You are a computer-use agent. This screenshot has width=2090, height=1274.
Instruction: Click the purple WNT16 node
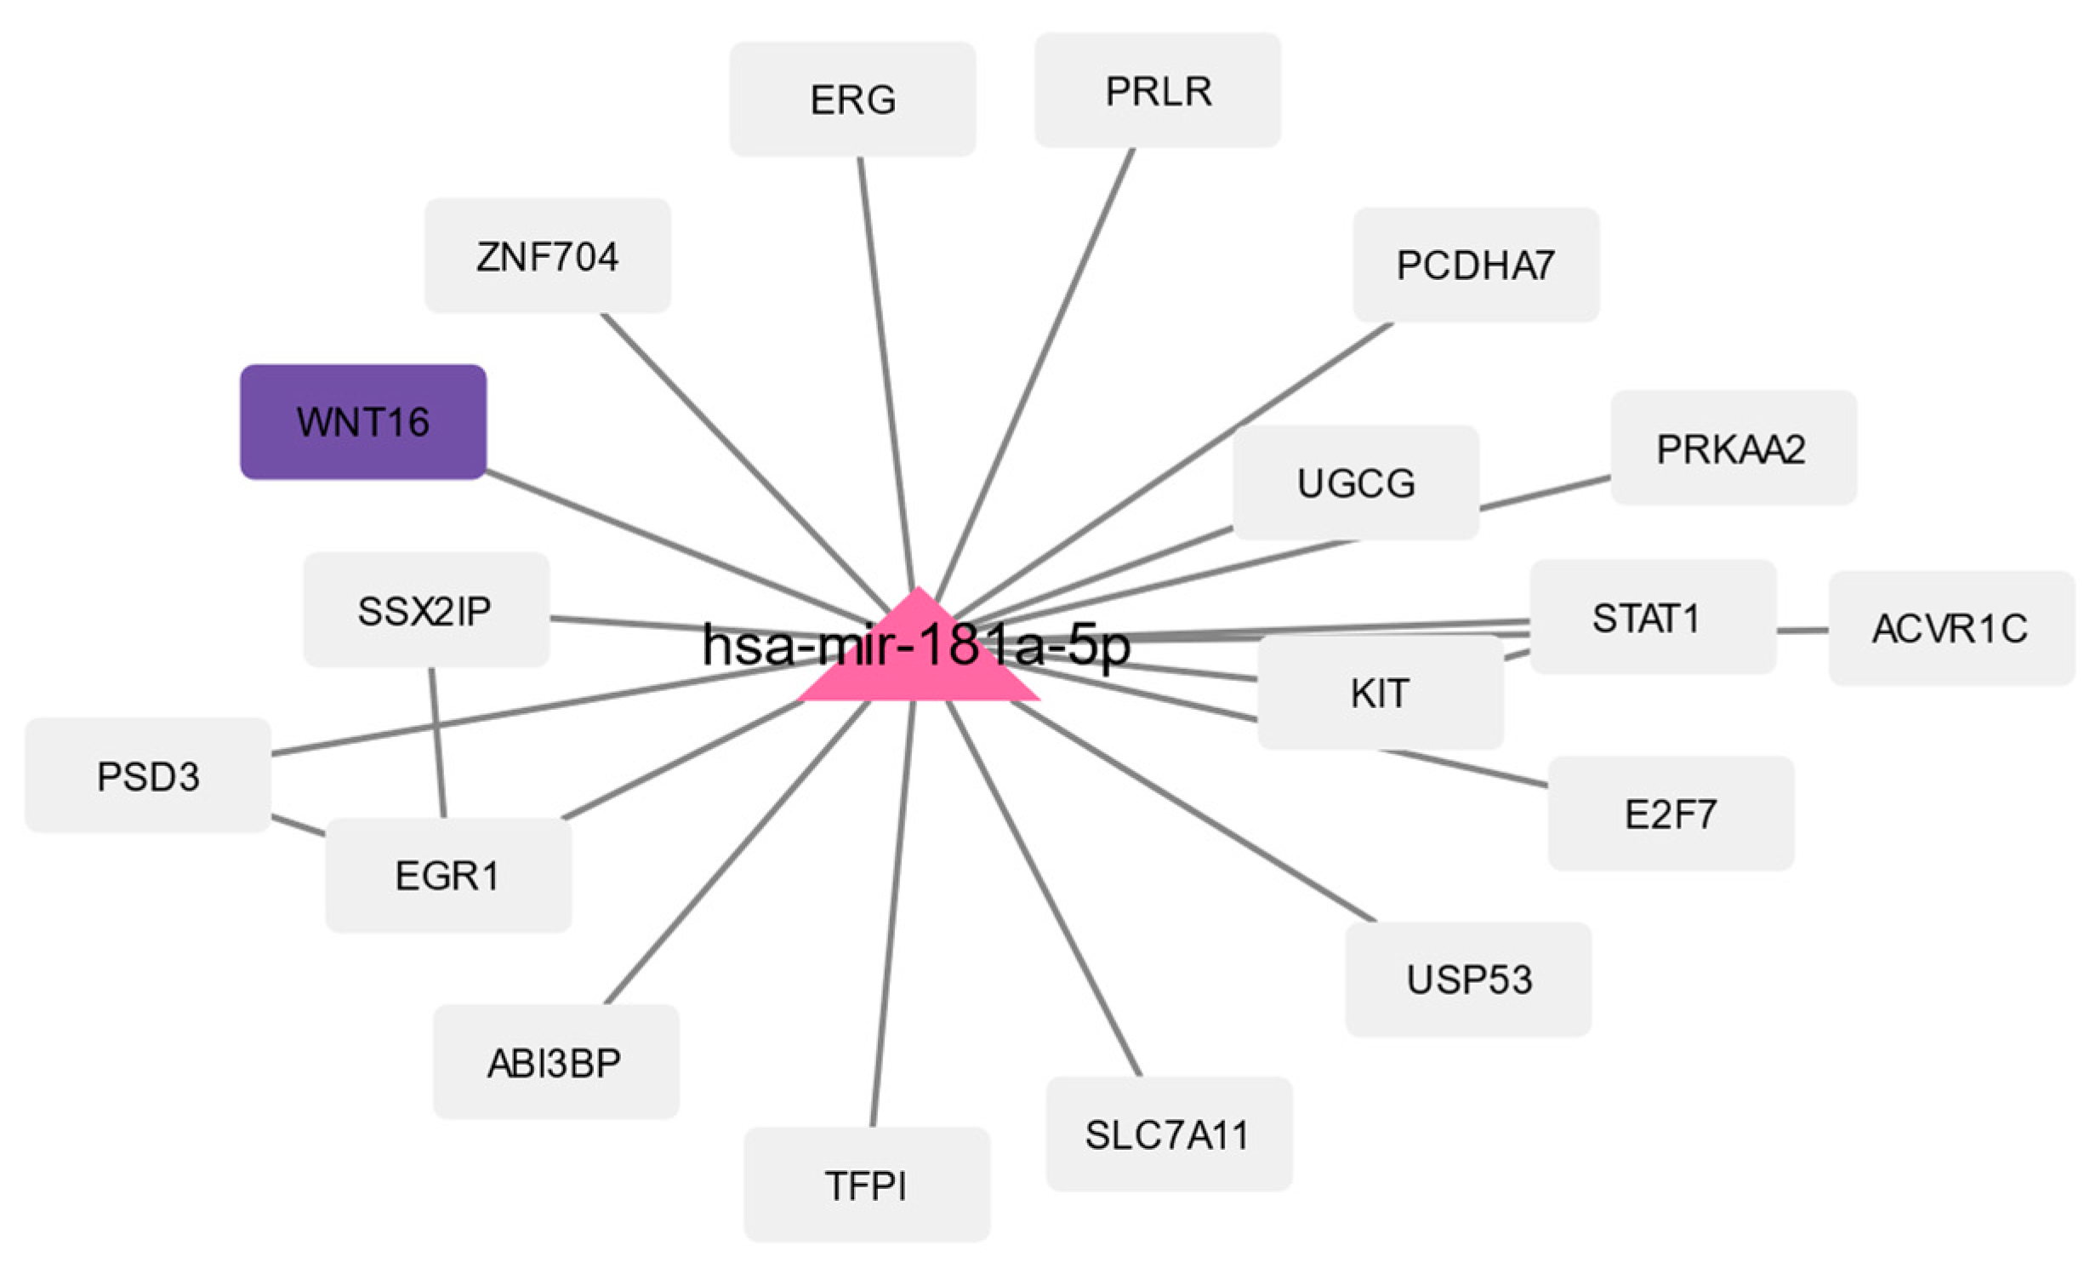coord(363,422)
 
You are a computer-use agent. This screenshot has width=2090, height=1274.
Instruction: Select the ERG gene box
coord(852,100)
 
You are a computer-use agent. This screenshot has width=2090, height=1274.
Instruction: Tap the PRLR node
coord(1157,90)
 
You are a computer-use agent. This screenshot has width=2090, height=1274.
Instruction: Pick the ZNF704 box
coord(548,256)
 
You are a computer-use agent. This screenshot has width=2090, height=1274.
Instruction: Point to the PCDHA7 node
coord(1475,265)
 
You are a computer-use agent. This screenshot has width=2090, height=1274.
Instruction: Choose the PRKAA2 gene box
coord(1733,448)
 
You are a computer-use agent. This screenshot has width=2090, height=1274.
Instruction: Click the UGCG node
coord(1355,483)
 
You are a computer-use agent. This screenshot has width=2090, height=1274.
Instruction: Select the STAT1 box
coord(1652,617)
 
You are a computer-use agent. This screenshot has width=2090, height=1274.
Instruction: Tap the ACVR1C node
coord(1950,628)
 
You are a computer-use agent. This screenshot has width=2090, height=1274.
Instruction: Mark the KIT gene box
coord(1380,692)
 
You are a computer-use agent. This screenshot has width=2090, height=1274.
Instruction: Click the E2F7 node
coord(1671,814)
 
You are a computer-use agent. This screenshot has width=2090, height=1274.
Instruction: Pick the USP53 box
coord(1467,979)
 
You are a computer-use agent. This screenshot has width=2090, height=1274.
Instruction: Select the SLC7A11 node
coord(1168,1134)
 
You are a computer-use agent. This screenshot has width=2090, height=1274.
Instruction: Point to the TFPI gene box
coord(866,1185)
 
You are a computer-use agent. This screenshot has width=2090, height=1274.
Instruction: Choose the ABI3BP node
coord(555,1062)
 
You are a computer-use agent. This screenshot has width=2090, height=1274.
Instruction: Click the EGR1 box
coord(448,875)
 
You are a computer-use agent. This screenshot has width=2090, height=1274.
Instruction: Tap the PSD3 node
coord(148,775)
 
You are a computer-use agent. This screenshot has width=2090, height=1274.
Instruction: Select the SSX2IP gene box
coord(425,609)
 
